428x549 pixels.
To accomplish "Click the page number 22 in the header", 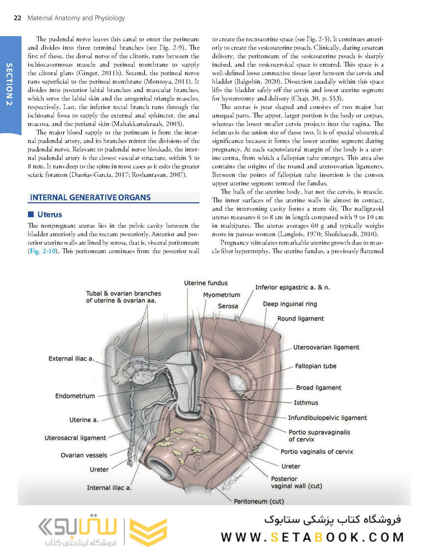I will (x=16, y=18).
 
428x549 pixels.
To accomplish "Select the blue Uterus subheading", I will (x=49, y=214).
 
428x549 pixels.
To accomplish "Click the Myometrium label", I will (x=221, y=295).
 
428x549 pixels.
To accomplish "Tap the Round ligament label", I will (x=300, y=318).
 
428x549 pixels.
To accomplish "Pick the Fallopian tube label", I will (x=316, y=366).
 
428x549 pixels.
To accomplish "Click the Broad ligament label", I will (x=319, y=387).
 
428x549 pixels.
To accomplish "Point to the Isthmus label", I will (x=305, y=403).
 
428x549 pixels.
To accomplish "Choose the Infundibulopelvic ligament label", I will (x=327, y=418).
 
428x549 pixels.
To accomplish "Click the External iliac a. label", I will (x=71, y=359).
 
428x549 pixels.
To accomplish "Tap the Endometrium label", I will (x=75, y=396).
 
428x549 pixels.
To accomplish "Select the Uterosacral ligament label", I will (x=75, y=438).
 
